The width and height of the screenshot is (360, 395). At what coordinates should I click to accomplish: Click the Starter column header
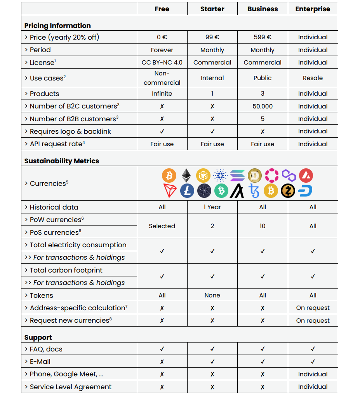tap(212, 9)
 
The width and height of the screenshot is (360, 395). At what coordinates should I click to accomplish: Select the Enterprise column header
tap(313, 9)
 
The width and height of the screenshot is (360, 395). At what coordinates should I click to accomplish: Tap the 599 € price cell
tap(263, 37)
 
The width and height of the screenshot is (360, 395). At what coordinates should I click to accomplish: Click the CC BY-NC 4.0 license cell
tap(162, 63)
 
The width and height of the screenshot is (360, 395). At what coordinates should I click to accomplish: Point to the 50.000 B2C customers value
tap(263, 107)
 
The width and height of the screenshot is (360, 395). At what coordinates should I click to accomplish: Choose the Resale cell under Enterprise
tap(313, 78)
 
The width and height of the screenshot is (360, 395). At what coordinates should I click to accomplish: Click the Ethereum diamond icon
tap(186, 175)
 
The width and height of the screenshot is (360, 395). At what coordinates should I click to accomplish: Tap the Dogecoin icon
tap(255, 175)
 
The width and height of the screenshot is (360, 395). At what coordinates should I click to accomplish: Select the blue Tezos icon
tap(254, 191)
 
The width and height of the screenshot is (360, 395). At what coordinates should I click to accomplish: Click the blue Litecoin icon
tap(187, 191)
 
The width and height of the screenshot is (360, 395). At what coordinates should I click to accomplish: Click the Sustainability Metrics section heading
tap(62, 161)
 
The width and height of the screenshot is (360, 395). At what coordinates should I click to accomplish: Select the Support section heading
tap(38, 337)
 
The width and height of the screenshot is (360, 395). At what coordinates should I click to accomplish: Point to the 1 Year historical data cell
tap(212, 207)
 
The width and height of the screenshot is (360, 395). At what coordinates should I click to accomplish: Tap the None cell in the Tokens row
tap(212, 295)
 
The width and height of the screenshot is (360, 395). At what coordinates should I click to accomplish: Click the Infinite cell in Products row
tap(162, 94)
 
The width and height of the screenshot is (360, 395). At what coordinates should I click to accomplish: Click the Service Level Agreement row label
tap(70, 387)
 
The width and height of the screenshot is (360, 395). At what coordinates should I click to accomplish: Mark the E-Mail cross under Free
tap(162, 362)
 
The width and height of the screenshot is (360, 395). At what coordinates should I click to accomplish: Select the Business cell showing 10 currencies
tap(263, 226)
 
